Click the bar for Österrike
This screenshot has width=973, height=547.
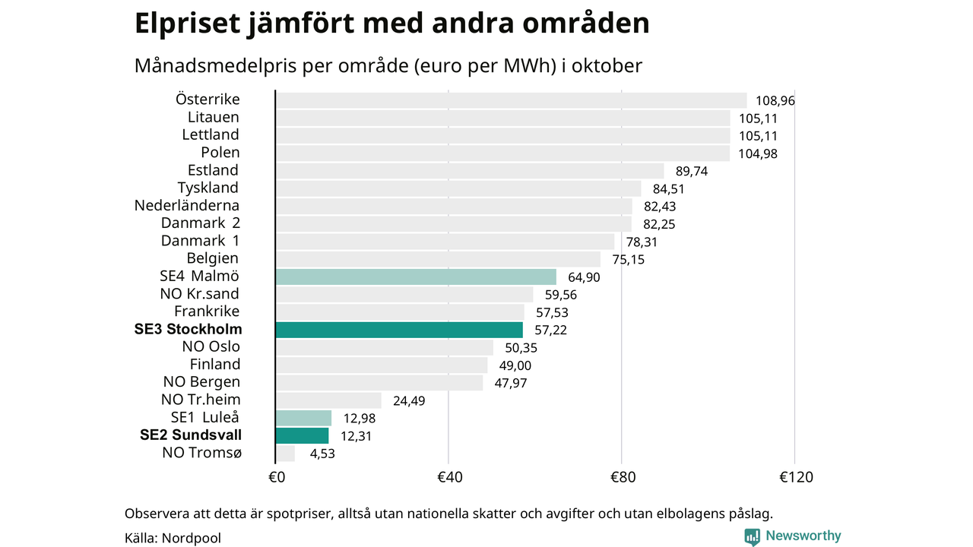511,100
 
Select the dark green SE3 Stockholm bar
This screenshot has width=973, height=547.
399,330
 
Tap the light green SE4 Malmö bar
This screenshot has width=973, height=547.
416,277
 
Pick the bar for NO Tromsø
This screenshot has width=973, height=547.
285,454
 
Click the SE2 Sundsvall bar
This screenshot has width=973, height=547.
302,435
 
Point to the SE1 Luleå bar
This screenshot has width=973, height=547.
303,418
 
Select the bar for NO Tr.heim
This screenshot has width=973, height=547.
328,400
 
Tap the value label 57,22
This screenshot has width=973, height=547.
551,330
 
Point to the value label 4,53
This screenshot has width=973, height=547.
322,454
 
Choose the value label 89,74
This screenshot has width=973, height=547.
692,172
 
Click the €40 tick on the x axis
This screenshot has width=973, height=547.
450,478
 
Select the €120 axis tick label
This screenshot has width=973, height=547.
796,478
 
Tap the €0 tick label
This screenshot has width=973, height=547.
277,478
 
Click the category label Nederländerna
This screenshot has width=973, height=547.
187,206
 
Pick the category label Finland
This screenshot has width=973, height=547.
215,365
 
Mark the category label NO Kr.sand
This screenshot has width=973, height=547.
199,294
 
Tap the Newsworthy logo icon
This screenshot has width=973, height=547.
753,536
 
